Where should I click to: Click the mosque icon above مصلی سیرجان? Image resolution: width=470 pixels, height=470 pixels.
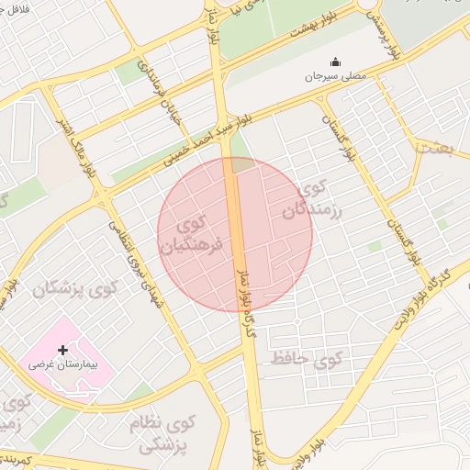tap(335, 62)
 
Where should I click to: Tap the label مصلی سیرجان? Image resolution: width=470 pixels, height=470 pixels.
tap(336, 76)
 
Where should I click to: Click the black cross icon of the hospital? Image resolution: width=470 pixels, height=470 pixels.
tap(62, 350)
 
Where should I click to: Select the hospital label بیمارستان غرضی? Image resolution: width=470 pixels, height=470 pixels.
tap(62, 364)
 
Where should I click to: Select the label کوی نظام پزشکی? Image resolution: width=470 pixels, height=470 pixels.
tap(165, 434)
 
